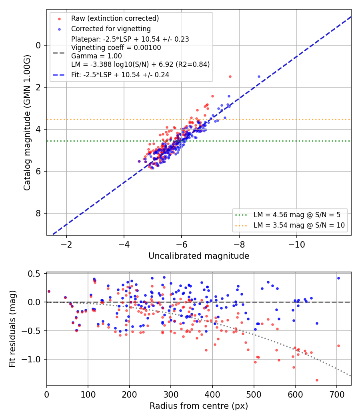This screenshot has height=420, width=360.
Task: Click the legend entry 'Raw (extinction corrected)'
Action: (x=115, y=18)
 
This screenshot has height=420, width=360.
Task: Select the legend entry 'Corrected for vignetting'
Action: (x=111, y=29)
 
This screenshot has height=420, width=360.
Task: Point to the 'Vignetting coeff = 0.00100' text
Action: (x=116, y=48)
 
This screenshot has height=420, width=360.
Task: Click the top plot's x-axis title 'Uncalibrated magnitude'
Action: (x=199, y=256)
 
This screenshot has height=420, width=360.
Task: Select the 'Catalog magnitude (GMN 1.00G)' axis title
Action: (x=27, y=123)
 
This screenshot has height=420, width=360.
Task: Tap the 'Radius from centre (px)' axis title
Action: (x=199, y=406)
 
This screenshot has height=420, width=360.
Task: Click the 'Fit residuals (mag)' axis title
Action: (x=12, y=329)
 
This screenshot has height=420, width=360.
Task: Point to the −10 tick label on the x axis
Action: (x=296, y=244)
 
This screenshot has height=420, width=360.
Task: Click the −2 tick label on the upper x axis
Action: (x=66, y=244)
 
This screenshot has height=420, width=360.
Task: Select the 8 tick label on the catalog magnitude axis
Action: (x=38, y=213)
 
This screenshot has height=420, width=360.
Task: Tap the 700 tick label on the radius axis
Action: (x=337, y=394)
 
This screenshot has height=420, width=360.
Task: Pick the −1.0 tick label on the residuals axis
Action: (x=31, y=359)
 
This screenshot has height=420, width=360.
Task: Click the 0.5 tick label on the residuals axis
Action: (x=34, y=274)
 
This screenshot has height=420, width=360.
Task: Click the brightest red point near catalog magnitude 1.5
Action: (x=230, y=77)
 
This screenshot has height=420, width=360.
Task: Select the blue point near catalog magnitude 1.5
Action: (x=259, y=77)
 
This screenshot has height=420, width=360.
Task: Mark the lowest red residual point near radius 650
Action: (x=317, y=380)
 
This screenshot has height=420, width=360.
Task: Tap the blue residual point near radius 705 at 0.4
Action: (x=338, y=278)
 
